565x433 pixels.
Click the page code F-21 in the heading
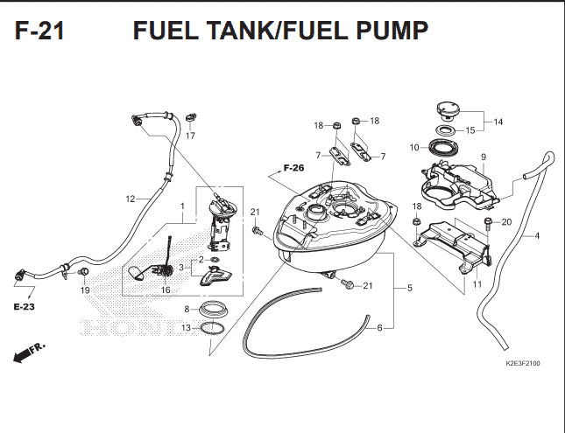pos(39,31)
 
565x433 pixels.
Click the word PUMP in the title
pos(392,31)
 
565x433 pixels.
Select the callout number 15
pos(470,130)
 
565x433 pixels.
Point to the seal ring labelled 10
pos(444,147)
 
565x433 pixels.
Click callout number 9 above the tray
pos(484,157)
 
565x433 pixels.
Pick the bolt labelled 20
pos(488,224)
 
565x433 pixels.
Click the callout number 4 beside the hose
pos(537,236)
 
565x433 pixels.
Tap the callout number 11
pos(477,284)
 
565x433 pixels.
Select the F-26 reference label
pos(293,168)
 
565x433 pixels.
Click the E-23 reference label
pos(25,307)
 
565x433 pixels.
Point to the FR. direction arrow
pos(29,353)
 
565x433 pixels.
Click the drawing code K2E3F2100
pos(523,364)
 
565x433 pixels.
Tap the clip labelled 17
pos(191,117)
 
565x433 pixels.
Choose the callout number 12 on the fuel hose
pos(131,199)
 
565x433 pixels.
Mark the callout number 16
pos(166,290)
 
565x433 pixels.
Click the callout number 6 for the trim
pos(379,328)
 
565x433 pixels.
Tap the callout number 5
pos(410,288)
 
